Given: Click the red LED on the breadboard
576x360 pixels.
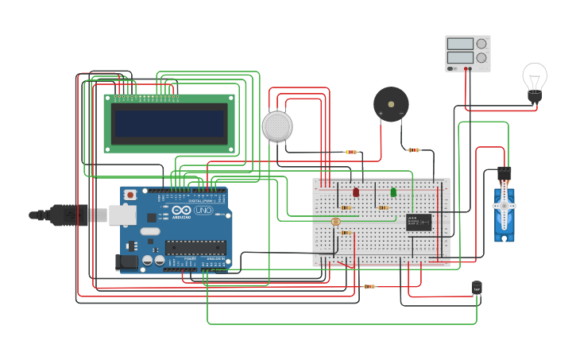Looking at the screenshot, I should (x=356, y=192).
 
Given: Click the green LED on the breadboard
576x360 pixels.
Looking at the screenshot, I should (x=393, y=192).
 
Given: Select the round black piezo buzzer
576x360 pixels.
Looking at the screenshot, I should (x=391, y=104).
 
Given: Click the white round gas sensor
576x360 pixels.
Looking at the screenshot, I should (x=277, y=126).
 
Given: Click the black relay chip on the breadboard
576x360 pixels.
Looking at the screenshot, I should (x=419, y=221).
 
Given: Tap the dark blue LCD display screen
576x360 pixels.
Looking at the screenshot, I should (x=169, y=123).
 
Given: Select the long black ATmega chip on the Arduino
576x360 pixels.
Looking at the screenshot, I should (x=195, y=247).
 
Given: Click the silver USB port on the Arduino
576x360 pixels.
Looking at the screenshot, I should (x=122, y=215).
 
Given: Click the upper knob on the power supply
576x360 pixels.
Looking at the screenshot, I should (x=481, y=44).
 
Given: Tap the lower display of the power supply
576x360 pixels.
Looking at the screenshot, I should (x=460, y=57).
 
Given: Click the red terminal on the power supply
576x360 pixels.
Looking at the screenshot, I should (x=469, y=69).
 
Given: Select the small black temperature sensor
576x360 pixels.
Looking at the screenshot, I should (x=477, y=288).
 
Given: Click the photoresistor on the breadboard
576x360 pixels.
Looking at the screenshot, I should (x=334, y=221).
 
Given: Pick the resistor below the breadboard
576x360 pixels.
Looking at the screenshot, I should (x=369, y=286).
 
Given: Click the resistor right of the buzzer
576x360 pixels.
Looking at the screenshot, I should (x=413, y=149).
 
